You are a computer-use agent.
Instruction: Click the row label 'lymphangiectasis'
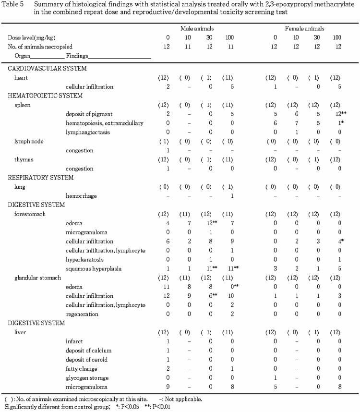point(86,132)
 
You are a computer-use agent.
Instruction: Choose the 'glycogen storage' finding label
point(86,378)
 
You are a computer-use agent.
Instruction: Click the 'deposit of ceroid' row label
point(87,360)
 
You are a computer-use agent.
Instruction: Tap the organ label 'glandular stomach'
point(34,278)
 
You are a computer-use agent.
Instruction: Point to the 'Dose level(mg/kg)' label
point(29,37)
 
